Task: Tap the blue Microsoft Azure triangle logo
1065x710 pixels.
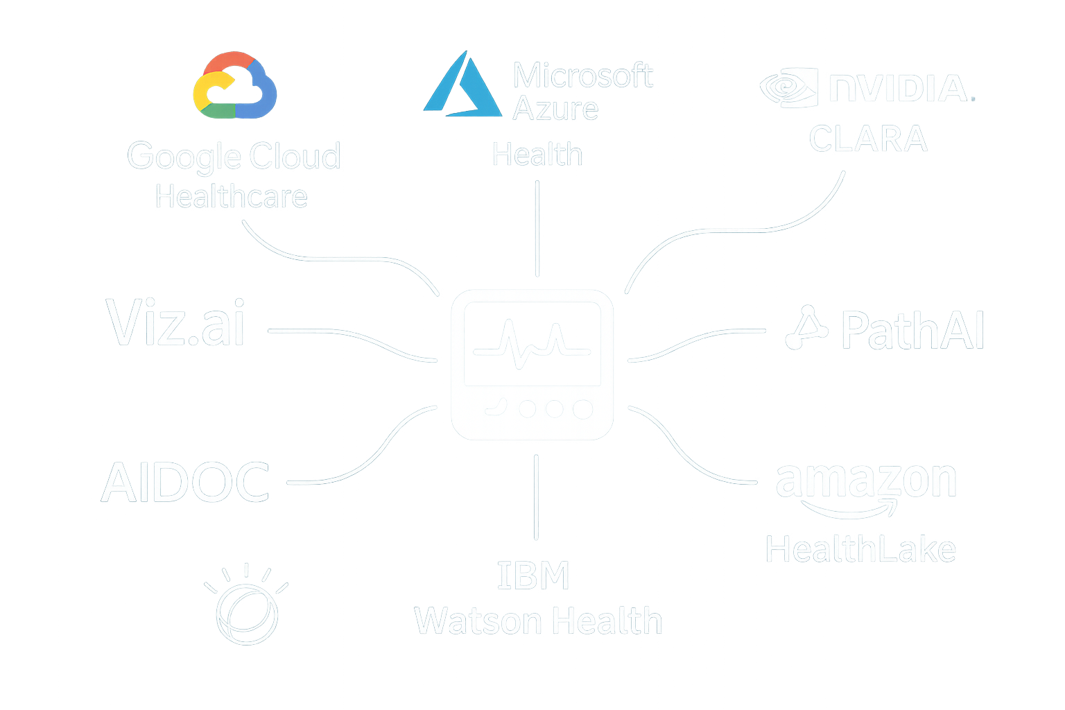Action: [x=462, y=87]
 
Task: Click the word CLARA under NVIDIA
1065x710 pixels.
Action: [x=868, y=139]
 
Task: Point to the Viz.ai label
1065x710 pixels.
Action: [x=175, y=324]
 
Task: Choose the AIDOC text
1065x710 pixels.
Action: [x=185, y=483]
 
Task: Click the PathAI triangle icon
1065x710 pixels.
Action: [x=805, y=328]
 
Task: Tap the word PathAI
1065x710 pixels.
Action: [x=912, y=331]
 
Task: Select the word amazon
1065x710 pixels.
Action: [x=866, y=480]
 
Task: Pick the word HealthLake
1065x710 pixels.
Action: [x=860, y=550]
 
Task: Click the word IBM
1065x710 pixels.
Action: [x=533, y=576]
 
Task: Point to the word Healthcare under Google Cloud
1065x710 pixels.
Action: [x=231, y=197]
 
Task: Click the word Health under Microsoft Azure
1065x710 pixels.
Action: [x=537, y=155]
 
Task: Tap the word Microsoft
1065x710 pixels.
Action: [x=582, y=76]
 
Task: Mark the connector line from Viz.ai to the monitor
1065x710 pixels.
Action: [x=347, y=335]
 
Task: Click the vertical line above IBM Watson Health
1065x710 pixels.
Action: [x=536, y=497]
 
